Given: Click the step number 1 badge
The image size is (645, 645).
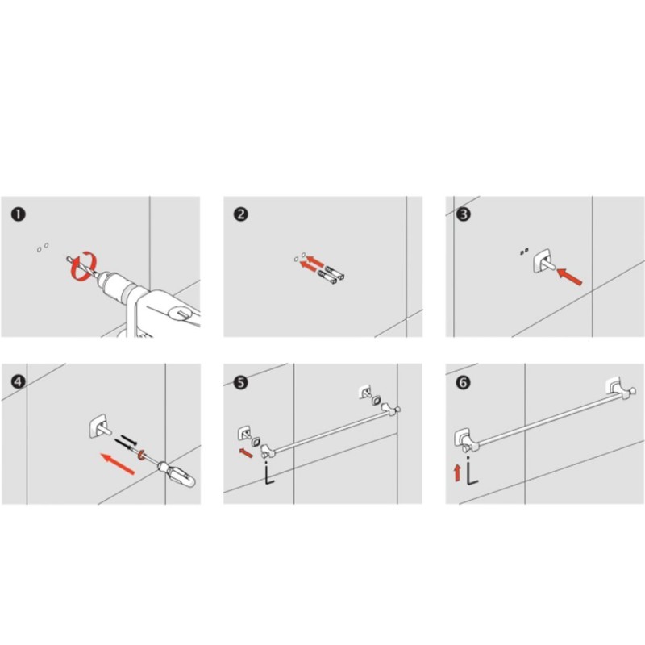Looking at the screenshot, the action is (19, 214).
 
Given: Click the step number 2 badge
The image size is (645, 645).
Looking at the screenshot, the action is (240, 214).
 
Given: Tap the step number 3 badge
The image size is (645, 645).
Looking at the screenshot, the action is (463, 214).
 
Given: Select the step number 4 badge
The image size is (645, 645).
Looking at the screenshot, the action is (18, 381).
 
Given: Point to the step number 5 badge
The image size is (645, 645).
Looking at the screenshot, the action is (240, 382).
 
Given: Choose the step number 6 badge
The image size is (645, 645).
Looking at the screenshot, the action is (463, 382).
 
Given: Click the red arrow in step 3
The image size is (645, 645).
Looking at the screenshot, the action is (570, 277).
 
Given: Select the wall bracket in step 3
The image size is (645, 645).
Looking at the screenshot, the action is (543, 260).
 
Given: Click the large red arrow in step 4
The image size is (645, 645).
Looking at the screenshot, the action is (118, 464).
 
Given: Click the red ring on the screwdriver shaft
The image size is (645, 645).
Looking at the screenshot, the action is (142, 455).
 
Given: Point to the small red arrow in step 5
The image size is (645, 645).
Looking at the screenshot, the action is (246, 452).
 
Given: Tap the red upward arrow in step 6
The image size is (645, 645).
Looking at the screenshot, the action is (457, 472).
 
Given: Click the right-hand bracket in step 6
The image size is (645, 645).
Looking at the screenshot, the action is (620, 388).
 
